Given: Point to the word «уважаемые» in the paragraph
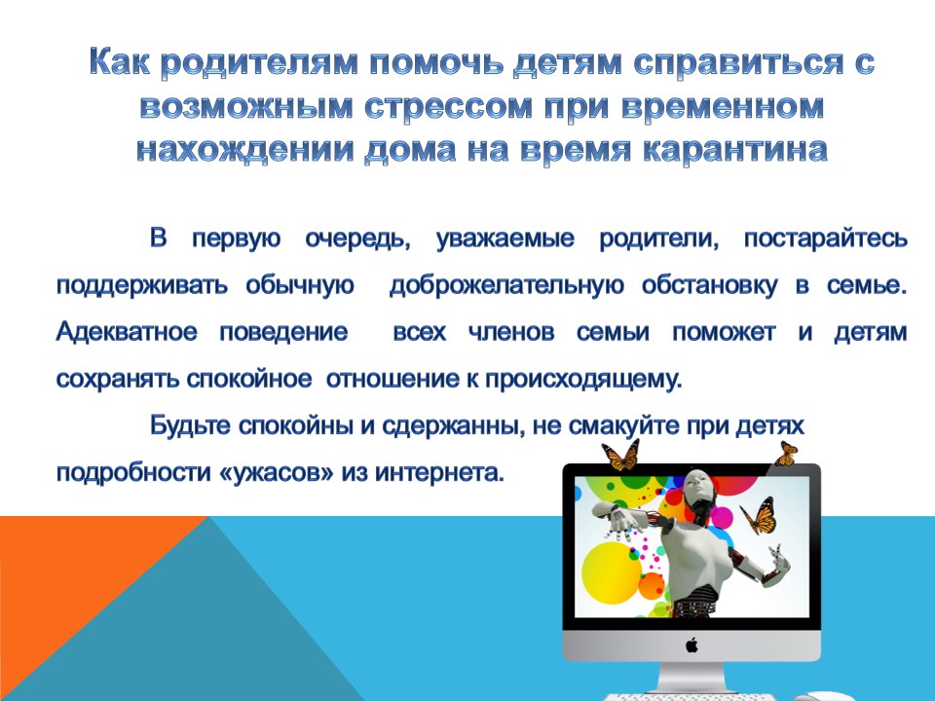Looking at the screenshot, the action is pyautogui.click(x=505, y=240).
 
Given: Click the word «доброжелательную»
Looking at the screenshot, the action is pyautogui.click(x=506, y=285).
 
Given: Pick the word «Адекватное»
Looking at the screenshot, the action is pyautogui.click(x=127, y=332).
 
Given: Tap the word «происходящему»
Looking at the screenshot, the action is pyautogui.click(x=583, y=379).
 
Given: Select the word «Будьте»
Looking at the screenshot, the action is pyautogui.click(x=190, y=425).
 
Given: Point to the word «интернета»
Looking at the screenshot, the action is pyautogui.click(x=440, y=473).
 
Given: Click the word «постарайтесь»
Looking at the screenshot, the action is pyautogui.click(x=826, y=240).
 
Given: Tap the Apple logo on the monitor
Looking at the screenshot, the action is pyautogui.click(x=692, y=645).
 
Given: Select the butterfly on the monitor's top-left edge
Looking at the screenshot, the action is pyautogui.click(x=620, y=456).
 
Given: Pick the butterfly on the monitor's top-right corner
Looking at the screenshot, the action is pyautogui.click(x=787, y=455).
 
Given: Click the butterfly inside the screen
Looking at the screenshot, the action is pyautogui.click(x=758, y=516).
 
